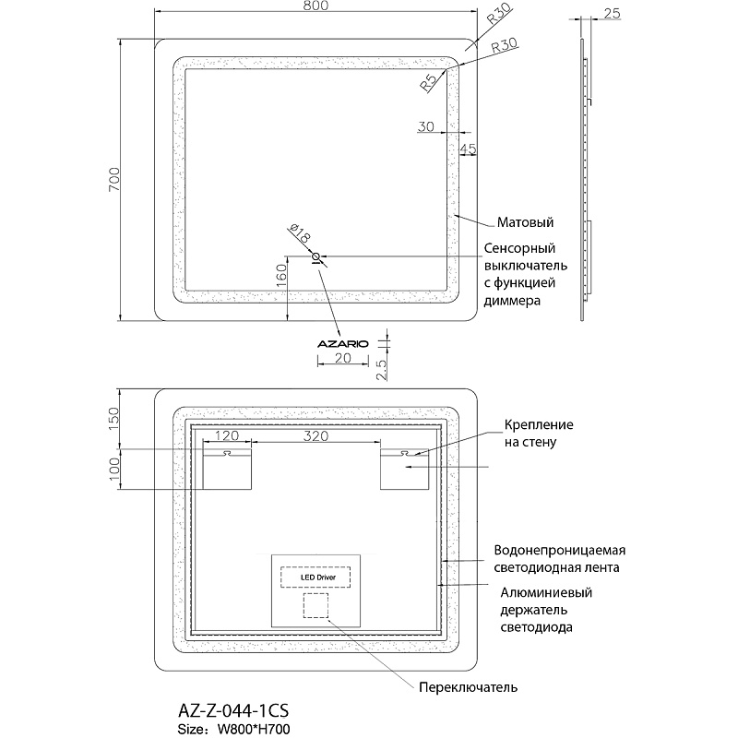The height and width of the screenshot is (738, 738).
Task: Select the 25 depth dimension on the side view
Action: pyautogui.click(x=611, y=14)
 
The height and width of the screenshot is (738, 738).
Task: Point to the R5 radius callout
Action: pyautogui.click(x=429, y=84)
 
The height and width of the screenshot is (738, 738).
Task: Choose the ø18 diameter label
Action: pyautogui.click(x=300, y=234)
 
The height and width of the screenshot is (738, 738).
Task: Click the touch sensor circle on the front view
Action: pyautogui.click(x=316, y=256)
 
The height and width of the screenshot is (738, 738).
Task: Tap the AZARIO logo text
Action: pyautogui.click(x=342, y=343)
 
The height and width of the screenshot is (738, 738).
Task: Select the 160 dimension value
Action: pyautogui.click(x=281, y=273)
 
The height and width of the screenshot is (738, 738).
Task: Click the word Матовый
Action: pyautogui.click(x=525, y=222)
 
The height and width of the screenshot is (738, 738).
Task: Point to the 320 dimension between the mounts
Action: pyautogui.click(x=317, y=437)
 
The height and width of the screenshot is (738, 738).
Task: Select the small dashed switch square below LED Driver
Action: pyautogui.click(x=315, y=605)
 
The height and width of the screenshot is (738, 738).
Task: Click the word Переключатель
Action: pyautogui.click(x=468, y=687)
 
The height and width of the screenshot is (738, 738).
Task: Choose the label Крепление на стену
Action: pyautogui.click(x=539, y=434)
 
